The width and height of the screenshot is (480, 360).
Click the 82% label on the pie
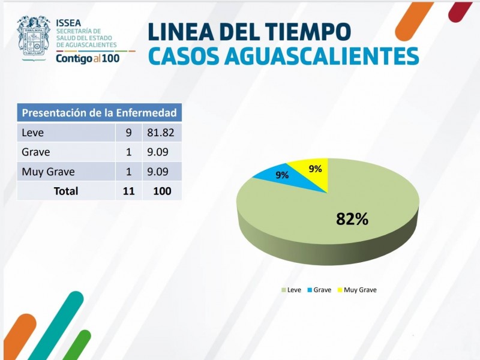pyautogui.click(x=352, y=219)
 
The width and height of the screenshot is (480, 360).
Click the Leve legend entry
pyautogui.click(x=291, y=290)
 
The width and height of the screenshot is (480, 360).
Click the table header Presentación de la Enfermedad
pyautogui.click(x=99, y=113)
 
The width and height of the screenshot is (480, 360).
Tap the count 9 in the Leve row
pyautogui.click(x=128, y=133)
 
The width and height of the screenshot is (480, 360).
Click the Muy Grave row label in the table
pyautogui.click(x=48, y=172)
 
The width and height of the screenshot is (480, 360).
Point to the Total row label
pyautogui.click(x=66, y=191)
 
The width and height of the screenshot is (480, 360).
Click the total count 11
pyautogui.click(x=128, y=191)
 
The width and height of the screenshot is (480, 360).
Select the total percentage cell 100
pyautogui.click(x=161, y=191)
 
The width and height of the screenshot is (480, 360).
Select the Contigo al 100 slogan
pyautogui.click(x=88, y=58)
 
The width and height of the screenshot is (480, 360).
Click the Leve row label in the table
pyautogui.click(x=32, y=133)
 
